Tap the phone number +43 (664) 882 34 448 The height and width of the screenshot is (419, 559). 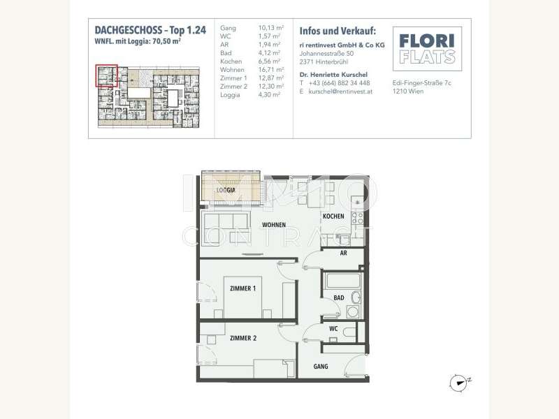[339, 82]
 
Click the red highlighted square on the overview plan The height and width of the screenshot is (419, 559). [106, 74]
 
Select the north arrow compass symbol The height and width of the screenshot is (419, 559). [458, 381]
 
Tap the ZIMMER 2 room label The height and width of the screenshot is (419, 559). [242, 337]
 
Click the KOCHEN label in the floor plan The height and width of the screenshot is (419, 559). [333, 216]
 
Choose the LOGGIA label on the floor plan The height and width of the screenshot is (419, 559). [224, 189]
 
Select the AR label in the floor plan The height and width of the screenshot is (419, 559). [343, 254]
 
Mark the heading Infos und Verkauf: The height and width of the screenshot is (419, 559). [337, 31]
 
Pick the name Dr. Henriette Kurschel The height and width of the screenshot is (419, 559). [333, 74]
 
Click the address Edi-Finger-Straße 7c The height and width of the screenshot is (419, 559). [423, 82]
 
